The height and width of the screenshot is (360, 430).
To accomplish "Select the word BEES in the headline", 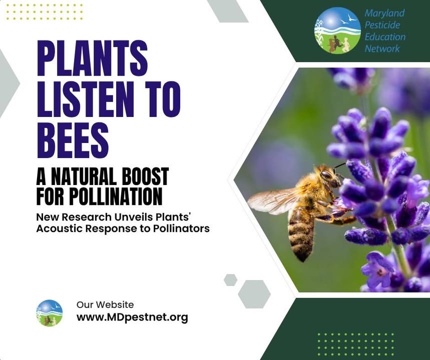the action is tap(73, 140).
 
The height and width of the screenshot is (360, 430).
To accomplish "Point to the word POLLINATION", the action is tap(116, 196).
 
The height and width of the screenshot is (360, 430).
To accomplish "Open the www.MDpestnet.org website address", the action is tap(132, 317).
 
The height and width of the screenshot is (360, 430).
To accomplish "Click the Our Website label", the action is tap(105, 304).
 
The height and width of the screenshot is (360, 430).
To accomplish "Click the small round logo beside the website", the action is tap(50, 313).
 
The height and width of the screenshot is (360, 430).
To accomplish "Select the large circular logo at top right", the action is tap(337, 30).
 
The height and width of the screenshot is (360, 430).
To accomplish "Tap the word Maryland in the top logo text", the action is tap(384, 13).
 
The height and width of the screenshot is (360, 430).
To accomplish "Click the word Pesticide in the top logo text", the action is tap(382, 25).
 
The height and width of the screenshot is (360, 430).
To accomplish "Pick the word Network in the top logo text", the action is tap(382, 48).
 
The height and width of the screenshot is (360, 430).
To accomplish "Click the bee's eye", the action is tap(326, 174).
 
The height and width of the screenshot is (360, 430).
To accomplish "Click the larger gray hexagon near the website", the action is tap(254, 294).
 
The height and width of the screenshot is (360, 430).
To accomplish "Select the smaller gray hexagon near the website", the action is tap(230, 279).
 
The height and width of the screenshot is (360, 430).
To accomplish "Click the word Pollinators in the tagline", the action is tap(181, 228).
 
